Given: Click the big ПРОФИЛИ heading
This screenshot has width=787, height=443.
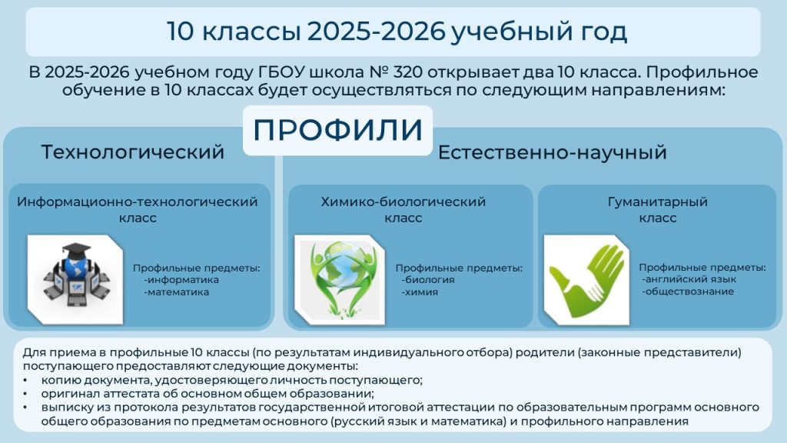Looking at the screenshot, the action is [x=338, y=129].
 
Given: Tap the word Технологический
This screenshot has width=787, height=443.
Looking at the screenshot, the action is [x=132, y=152].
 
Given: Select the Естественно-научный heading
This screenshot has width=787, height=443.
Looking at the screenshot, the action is [x=552, y=152].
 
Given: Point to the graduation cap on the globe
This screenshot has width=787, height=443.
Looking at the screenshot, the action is [x=76, y=250].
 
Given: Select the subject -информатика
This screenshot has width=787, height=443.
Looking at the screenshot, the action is [x=181, y=280].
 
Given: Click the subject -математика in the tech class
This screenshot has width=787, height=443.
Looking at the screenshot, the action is [x=176, y=291].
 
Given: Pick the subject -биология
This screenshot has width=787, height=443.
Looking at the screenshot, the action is [x=428, y=280].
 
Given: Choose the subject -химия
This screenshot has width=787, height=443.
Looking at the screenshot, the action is [x=420, y=291].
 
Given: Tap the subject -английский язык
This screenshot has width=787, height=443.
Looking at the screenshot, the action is [x=689, y=279].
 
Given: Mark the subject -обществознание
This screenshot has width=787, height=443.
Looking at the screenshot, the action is [x=688, y=291].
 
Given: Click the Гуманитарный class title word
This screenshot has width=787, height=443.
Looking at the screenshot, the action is [x=658, y=202].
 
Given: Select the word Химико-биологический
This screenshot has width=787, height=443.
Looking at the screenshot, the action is [x=403, y=202].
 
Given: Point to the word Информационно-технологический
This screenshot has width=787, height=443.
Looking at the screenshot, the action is [x=137, y=202].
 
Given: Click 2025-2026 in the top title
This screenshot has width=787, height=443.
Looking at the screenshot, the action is [x=376, y=31].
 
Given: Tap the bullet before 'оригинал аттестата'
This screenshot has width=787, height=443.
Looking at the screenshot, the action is [x=25, y=393].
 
